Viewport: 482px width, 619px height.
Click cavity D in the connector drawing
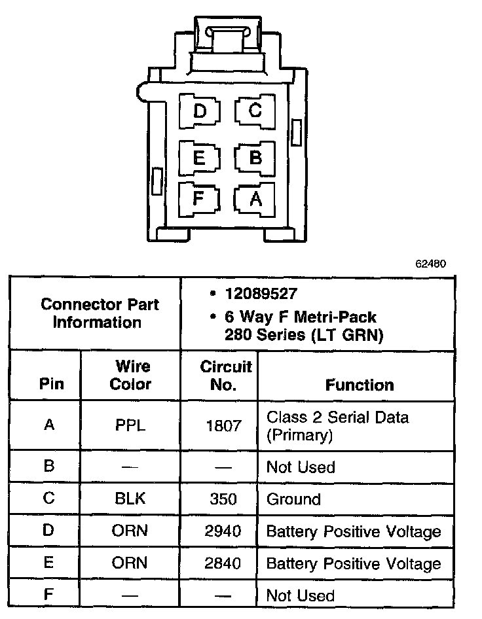click(x=200, y=111)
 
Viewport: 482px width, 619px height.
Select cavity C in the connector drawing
click(x=255, y=111)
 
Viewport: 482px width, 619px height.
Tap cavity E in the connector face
click(x=199, y=158)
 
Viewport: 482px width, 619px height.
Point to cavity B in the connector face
click(x=255, y=158)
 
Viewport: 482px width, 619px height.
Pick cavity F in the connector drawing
click(x=199, y=198)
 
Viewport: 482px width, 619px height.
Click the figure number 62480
click(x=430, y=265)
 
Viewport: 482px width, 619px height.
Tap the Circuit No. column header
click(x=225, y=375)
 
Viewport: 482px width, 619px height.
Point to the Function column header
click(x=360, y=385)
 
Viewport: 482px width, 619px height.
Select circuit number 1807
click(x=223, y=425)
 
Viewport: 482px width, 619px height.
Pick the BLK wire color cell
click(x=130, y=499)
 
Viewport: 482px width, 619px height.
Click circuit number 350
click(x=223, y=499)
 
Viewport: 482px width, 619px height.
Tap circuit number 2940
click(x=223, y=531)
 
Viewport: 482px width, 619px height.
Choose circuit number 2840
click(x=223, y=563)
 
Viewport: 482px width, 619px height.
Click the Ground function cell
click(x=293, y=499)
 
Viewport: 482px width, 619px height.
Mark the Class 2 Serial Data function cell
click(x=337, y=425)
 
